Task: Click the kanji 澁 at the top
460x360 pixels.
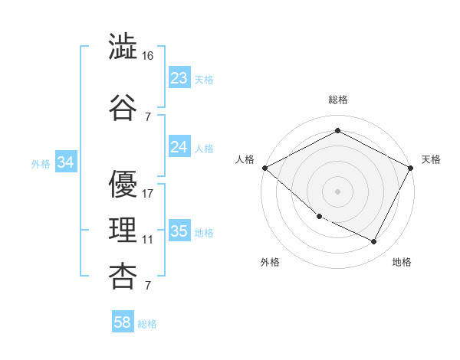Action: [123, 48]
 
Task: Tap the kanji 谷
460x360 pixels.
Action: [123, 106]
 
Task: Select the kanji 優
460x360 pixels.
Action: [123, 184]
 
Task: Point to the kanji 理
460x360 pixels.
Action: [123, 229]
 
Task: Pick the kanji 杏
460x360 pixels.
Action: [123, 276]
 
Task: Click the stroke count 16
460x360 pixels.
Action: [149, 57]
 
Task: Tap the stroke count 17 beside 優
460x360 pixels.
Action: [149, 193]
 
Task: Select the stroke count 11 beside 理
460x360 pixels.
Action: [148, 239]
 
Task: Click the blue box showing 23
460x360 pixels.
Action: [179, 78]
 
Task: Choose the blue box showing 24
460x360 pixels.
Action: [179, 147]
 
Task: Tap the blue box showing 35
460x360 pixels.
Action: [179, 231]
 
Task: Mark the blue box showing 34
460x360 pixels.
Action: [66, 162]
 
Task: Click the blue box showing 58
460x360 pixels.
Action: [123, 322]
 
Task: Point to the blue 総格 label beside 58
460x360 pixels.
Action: [147, 324]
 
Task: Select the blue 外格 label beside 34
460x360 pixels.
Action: [41, 163]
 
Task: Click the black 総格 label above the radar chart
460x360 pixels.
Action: [338, 100]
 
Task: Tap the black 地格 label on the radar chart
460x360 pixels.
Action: [402, 262]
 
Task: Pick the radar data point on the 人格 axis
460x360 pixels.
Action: [264, 168]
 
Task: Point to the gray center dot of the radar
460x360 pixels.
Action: [337, 191]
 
